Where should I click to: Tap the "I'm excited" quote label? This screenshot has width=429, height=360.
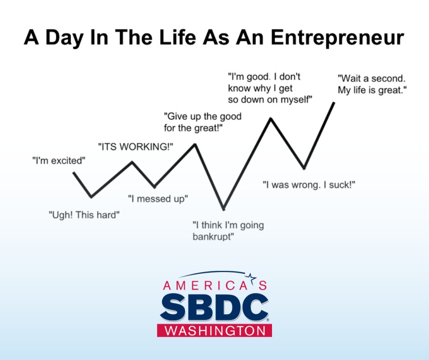pos(59,160)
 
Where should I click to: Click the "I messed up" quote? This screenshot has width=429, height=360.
pos(158,199)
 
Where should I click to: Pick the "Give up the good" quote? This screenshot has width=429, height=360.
pos(203,116)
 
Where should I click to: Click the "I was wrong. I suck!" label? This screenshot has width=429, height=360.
pos(309,185)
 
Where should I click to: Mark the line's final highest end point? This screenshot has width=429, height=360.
pos(335,102)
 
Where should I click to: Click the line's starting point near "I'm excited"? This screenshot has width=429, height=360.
pos(73,172)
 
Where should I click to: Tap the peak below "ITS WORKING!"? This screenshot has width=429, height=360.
pos(132,161)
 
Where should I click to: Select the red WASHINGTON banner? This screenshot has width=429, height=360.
pos(214,330)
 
